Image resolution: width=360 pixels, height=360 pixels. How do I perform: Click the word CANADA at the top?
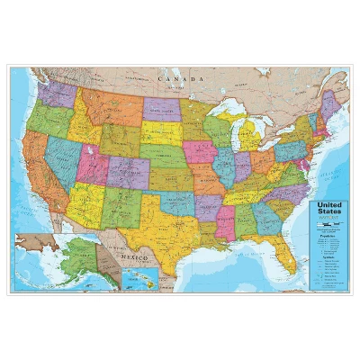tap(175, 79)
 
